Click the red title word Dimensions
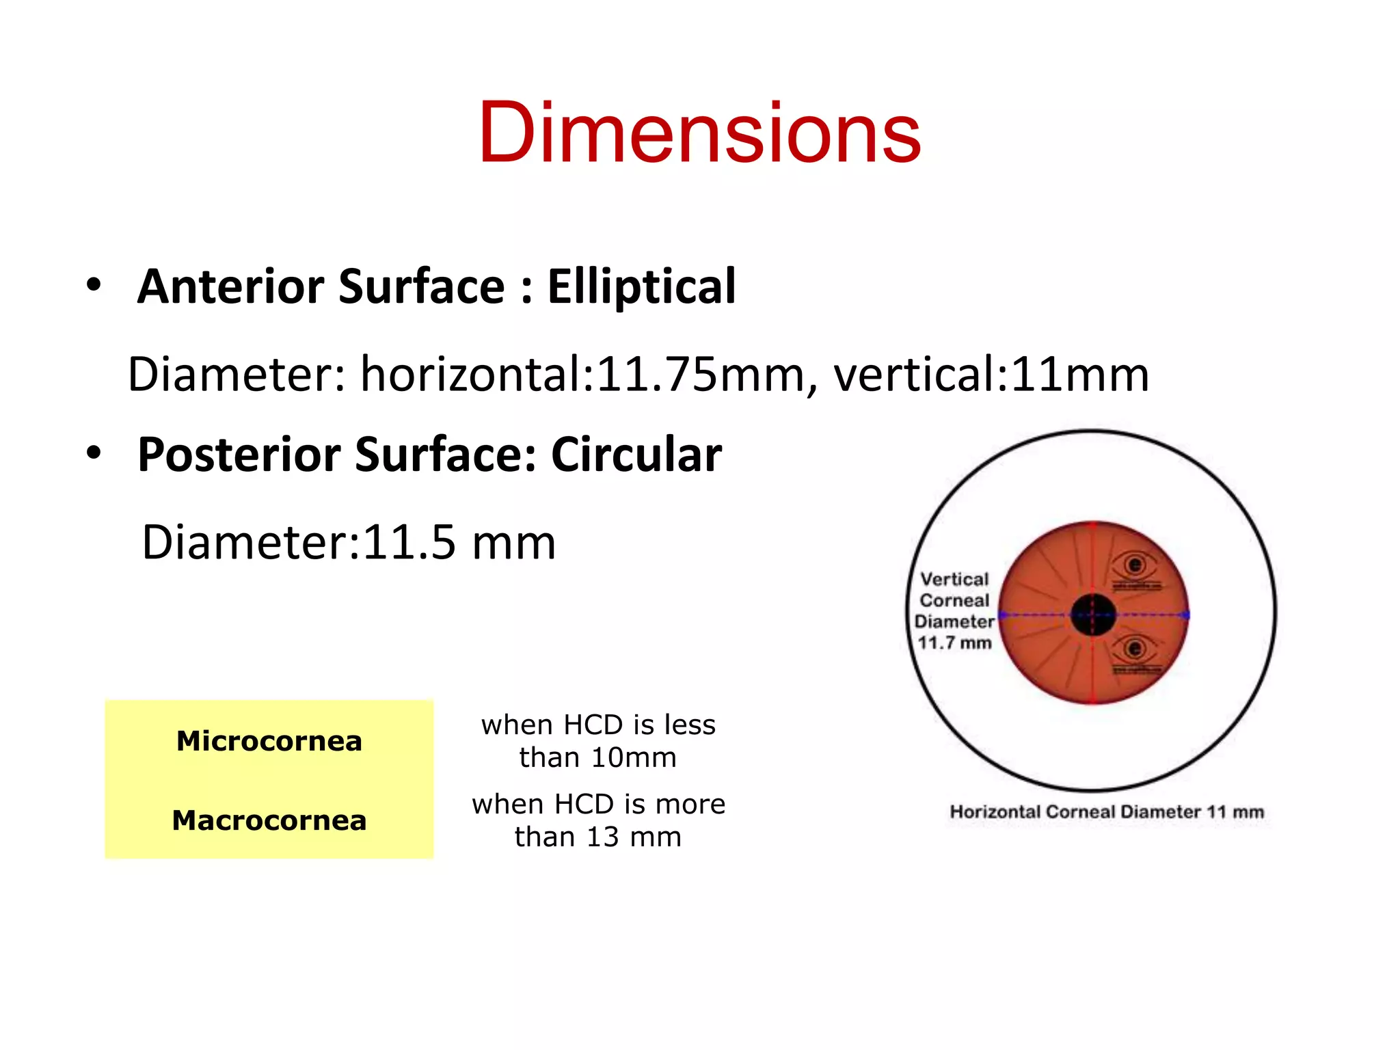699,133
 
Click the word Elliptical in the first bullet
641,286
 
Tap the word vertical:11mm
991,375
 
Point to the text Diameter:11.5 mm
349,543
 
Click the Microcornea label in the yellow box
269,741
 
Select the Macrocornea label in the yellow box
269,820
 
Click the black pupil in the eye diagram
1093,615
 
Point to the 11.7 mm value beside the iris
954,643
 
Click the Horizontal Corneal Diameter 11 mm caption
1107,812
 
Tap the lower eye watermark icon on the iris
1135,649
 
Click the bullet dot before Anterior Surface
94,284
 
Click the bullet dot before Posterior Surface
94,452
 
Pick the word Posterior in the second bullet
239,455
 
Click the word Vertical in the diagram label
954,580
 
